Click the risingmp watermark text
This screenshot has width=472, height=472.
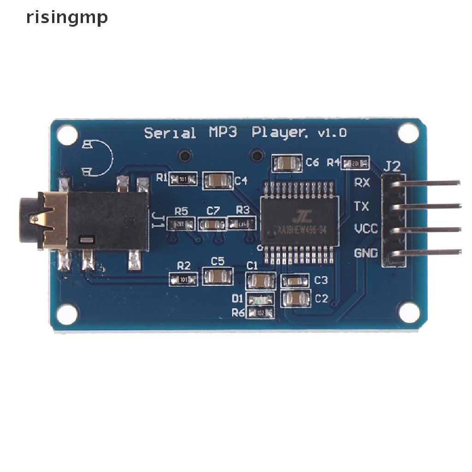click(x=67, y=18)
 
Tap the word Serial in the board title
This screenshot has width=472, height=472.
click(x=170, y=133)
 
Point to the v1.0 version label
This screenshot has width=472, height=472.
click(x=332, y=133)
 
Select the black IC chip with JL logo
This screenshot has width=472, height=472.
click(x=299, y=218)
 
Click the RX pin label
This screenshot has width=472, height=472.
click(x=361, y=183)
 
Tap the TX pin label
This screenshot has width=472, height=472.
click(x=361, y=206)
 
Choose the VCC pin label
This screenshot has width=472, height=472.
click(x=366, y=229)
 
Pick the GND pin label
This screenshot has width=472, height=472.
click(x=366, y=253)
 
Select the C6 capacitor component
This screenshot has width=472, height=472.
click(x=287, y=163)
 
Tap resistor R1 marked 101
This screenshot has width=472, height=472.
click(x=183, y=179)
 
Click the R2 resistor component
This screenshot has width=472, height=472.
click(x=183, y=279)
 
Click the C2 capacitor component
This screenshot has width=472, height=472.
click(x=296, y=299)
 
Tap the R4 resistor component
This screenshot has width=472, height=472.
click(x=355, y=163)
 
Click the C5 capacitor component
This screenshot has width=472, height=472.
click(x=218, y=277)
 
